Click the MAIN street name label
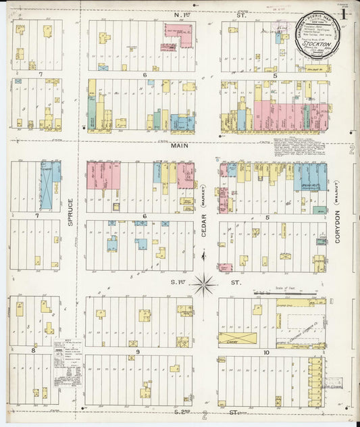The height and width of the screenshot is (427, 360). tap(179, 145)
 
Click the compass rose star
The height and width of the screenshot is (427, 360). tap(204, 284)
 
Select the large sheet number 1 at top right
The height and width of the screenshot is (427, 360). tap(344, 14)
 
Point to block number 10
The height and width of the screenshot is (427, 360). tap(267, 352)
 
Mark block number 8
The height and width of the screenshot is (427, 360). tap(32, 350)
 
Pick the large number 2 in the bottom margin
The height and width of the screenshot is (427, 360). tap(204, 415)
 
